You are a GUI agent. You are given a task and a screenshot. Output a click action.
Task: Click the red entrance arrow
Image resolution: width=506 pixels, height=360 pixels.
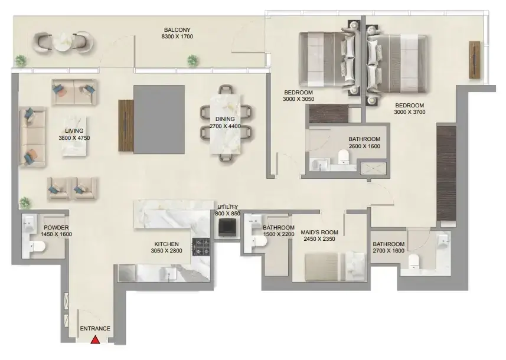[95, 339]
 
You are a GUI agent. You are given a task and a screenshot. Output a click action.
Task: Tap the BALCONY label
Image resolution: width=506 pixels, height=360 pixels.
[177, 30]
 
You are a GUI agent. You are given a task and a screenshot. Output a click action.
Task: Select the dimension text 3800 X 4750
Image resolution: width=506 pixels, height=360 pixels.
[74, 138]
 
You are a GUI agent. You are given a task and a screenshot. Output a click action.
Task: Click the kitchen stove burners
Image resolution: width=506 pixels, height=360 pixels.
[201, 247]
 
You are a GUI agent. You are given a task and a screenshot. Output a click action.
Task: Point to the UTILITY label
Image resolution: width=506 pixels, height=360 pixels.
[227, 207]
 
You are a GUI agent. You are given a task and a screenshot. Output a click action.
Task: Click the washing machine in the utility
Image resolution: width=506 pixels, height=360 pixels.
[227, 227]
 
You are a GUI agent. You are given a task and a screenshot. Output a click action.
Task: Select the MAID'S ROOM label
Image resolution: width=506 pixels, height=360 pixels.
[319, 233]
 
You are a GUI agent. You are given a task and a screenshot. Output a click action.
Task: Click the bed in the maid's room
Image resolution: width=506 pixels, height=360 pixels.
[335, 266]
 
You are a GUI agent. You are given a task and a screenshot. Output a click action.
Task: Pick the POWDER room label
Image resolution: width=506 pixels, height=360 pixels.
[56, 228]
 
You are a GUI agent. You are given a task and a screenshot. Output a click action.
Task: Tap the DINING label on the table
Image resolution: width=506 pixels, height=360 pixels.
[225, 119]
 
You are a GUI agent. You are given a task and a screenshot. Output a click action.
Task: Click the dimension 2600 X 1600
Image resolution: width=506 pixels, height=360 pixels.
[365, 146]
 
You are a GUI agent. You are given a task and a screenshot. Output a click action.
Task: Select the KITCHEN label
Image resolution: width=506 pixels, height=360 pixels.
[167, 244]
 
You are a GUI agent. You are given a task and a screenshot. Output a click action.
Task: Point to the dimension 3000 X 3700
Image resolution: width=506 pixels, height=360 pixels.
[410, 112]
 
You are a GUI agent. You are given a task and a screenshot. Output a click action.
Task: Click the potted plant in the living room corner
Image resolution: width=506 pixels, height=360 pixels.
[25, 203]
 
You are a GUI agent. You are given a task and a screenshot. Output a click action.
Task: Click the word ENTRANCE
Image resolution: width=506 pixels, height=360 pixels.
[95, 329]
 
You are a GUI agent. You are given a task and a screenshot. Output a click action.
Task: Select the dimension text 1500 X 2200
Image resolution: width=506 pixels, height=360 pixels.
[279, 234]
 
